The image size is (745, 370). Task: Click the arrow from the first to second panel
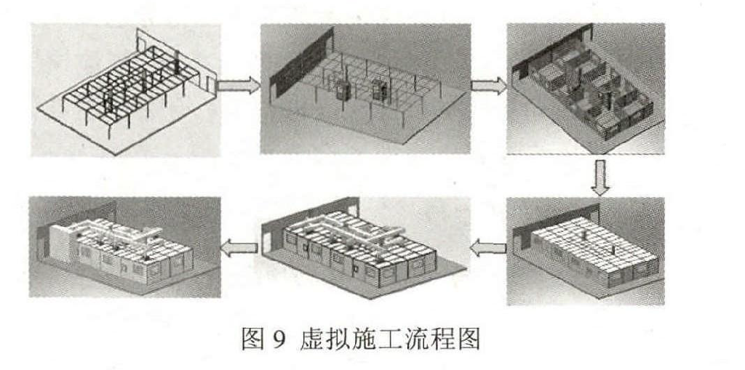[x=239, y=86]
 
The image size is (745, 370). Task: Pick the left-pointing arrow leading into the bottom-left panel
[x=239, y=249]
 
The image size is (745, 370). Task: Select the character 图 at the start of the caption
[x=255, y=340]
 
